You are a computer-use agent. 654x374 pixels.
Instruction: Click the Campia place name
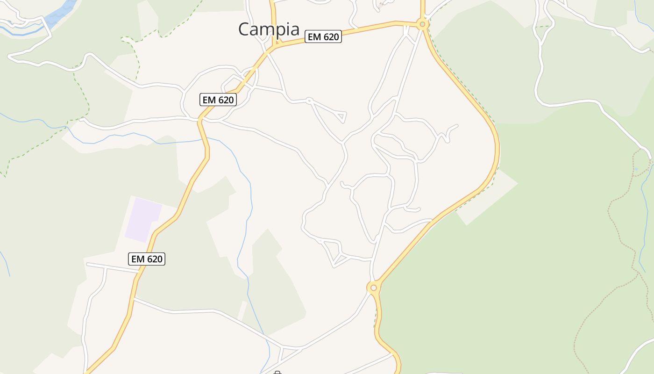pyautogui.click(x=269, y=29)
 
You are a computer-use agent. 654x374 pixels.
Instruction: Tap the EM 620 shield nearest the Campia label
pyautogui.click(x=323, y=36)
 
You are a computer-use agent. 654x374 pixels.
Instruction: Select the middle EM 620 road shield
pyautogui.click(x=218, y=100)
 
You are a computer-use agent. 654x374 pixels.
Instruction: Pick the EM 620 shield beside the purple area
pyautogui.click(x=147, y=259)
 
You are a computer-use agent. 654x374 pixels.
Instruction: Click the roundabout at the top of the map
pyautogui.click(x=422, y=24)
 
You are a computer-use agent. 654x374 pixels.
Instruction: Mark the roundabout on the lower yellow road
pyautogui.click(x=373, y=288)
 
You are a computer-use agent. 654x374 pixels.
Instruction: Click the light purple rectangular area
pyautogui.click(x=143, y=220)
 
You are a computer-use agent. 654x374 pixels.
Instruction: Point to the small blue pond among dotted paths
pyautogui.click(x=636, y=169)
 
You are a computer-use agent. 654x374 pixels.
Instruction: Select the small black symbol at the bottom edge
pyautogui.click(x=277, y=373)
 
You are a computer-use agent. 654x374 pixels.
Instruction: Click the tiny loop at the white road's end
pyautogui.click(x=309, y=100)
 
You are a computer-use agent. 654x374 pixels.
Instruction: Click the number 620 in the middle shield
pyautogui.click(x=225, y=100)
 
